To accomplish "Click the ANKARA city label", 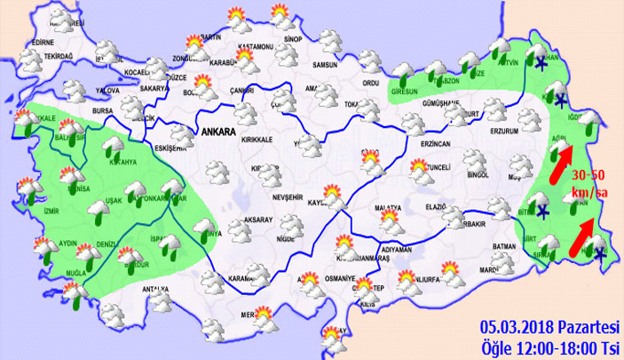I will [x=217, y=132].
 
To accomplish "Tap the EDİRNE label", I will [x=44, y=42].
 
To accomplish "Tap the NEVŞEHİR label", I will [x=288, y=197].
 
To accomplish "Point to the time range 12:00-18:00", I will [x=556, y=347].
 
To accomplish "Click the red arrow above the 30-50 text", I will [x=565, y=157].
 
